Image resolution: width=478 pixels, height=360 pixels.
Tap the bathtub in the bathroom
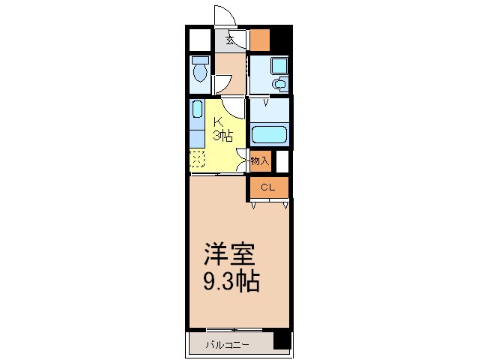click(269, 135)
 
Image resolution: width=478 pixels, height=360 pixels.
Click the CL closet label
click(268, 187)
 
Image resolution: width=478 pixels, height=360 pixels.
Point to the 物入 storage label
click(259, 160)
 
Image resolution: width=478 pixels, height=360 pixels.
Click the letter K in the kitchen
click(219, 122)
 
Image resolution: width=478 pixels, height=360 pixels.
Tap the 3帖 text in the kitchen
click(223, 136)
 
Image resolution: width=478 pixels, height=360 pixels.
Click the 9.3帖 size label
click(232, 282)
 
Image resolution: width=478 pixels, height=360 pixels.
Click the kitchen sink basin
click(197, 110)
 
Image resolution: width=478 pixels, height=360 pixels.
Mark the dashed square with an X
click(197, 158)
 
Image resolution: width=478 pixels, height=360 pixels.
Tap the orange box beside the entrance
click(260, 38)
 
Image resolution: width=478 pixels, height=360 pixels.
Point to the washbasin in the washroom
click(279, 84)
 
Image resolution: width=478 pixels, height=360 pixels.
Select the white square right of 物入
click(282, 161)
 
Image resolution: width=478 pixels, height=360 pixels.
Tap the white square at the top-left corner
click(199, 38)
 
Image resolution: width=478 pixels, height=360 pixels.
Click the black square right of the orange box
click(280, 38)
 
